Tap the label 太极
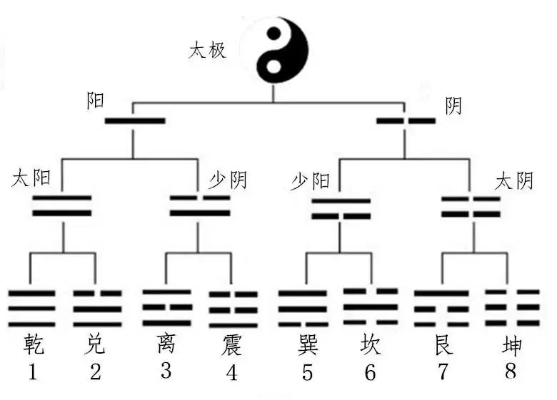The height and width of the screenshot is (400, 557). (x=208, y=51)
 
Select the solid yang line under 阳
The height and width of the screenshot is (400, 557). (x=135, y=120)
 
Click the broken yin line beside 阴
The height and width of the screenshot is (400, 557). (x=406, y=120)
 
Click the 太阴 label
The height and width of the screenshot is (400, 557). (x=513, y=181)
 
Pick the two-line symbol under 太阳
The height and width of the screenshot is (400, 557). (x=63, y=205)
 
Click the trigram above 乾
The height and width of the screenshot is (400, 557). (x=31, y=307)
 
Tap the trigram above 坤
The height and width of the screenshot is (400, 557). (x=511, y=307)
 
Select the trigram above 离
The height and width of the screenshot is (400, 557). (x=166, y=307)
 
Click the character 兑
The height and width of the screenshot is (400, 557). (x=96, y=346)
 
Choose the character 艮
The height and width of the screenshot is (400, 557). (x=443, y=347)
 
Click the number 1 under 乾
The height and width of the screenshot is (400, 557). (x=32, y=372)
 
